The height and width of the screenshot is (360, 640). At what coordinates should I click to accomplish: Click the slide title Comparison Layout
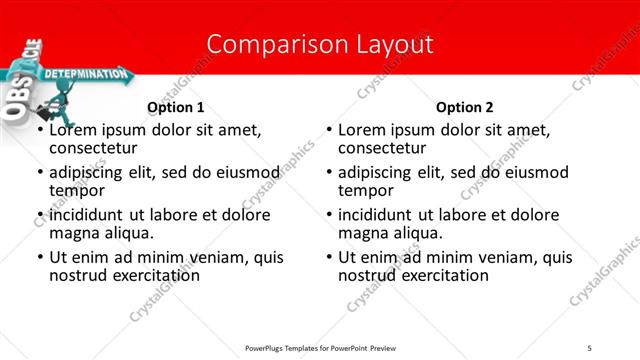click(320, 44)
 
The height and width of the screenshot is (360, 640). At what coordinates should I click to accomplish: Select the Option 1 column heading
click(176, 107)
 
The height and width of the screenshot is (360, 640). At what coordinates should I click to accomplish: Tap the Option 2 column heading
click(465, 107)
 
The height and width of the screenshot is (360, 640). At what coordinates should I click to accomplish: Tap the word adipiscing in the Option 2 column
click(377, 172)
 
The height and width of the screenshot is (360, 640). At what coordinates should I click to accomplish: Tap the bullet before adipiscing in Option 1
click(40, 173)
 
